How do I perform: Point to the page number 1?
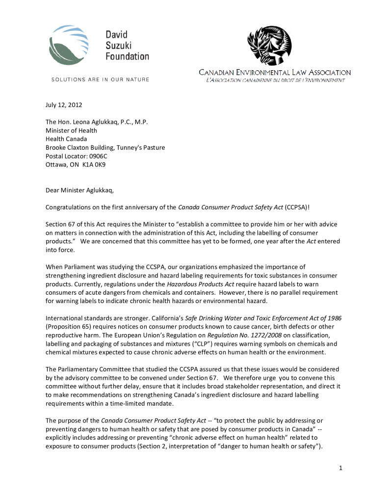[x=340, y=467]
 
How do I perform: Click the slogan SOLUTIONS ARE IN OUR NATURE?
[x=100, y=80]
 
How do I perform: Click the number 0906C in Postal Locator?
[x=97, y=156]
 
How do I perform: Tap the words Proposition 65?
[x=69, y=326]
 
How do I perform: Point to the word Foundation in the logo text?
[x=127, y=56]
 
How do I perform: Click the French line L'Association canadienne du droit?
[x=275, y=80]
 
